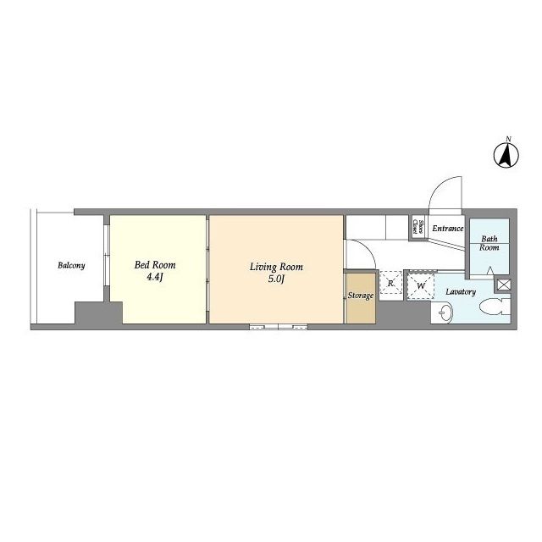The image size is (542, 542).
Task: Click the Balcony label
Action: pos(71,265)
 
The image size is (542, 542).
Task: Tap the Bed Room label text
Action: pos(155,265)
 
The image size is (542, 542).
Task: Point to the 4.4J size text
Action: pos(154,277)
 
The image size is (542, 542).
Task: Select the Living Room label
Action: pos(276,267)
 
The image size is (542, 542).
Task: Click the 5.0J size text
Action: pos(276,279)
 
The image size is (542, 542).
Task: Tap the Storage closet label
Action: pos(361,296)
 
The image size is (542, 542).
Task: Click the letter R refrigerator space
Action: pos(390,284)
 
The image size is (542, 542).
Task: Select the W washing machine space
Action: pos(421,286)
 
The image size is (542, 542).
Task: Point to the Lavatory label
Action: pos(461,292)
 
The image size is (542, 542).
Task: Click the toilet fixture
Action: pos(495,306)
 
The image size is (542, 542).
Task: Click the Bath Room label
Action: pos(489,243)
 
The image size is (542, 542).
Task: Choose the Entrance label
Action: pos(448,229)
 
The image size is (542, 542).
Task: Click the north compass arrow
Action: pos(506,155)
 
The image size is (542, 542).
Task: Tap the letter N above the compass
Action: pos(508,139)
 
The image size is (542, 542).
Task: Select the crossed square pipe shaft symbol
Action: pos(504,285)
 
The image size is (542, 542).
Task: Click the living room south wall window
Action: pos(279,326)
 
